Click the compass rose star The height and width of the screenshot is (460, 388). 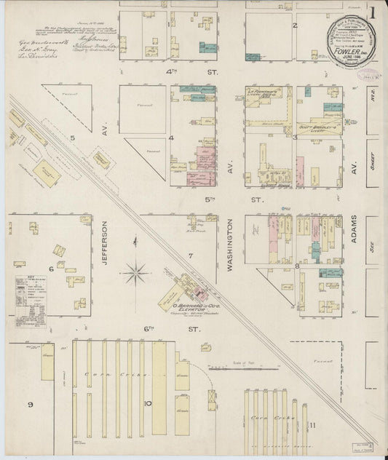coord(135,274)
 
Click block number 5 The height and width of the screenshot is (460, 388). coord(72,136)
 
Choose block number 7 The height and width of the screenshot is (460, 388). coord(190,255)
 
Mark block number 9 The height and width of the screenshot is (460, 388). coord(30,404)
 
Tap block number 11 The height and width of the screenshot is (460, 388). coord(312,424)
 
